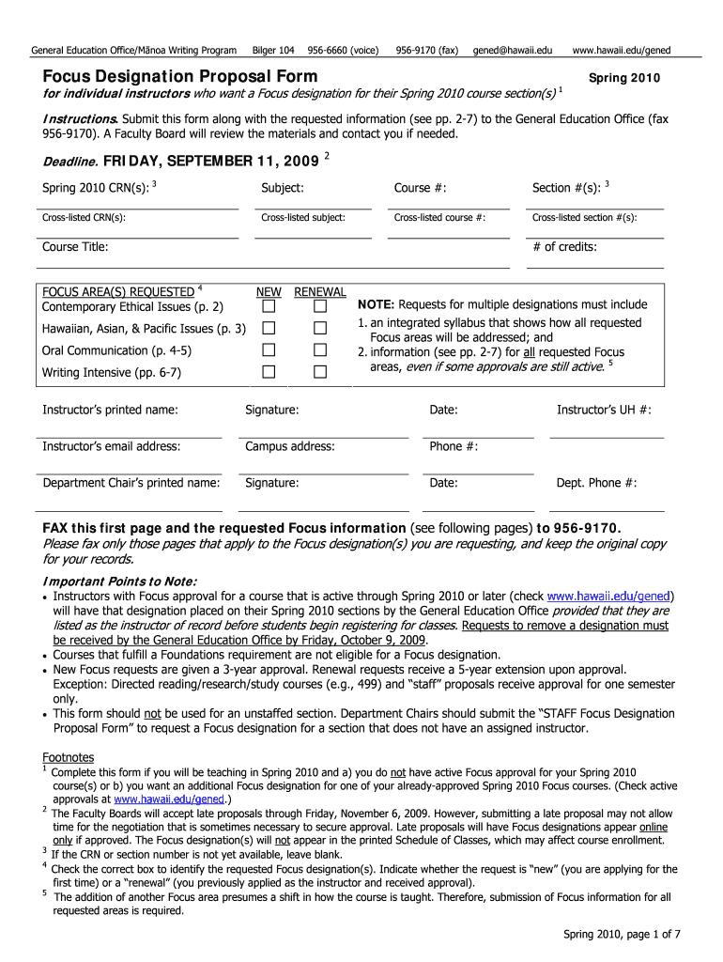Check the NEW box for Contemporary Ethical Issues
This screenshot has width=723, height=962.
[x=269, y=307]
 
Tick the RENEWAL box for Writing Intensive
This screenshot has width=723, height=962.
[x=320, y=372]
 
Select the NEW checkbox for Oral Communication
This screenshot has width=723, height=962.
[x=269, y=350]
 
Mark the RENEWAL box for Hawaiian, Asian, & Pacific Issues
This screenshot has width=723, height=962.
[x=320, y=329]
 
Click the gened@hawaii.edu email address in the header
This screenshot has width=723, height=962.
[x=513, y=49]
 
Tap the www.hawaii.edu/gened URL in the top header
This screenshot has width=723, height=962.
[x=621, y=49]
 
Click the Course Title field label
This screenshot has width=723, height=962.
[x=75, y=247]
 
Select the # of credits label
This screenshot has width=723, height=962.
[x=564, y=247]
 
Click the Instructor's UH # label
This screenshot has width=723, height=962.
[x=604, y=410]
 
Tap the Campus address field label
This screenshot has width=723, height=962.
[x=289, y=446]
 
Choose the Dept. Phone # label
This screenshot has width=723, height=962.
[x=596, y=483]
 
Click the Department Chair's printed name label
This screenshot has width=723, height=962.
[x=131, y=483]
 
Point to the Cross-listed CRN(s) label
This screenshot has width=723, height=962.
[x=84, y=218]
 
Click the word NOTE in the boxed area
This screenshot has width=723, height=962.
[x=375, y=305]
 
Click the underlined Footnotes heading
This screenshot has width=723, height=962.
[x=69, y=757]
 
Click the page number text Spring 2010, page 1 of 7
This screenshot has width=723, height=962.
[x=621, y=934]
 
